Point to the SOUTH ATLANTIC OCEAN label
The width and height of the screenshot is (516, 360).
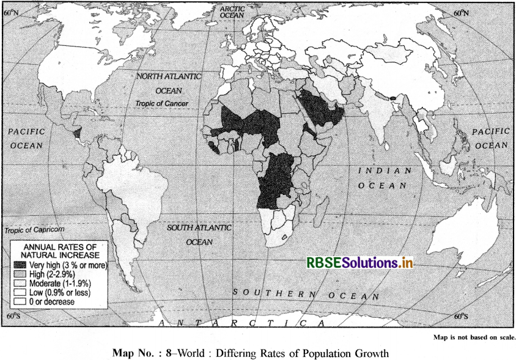point(199,234)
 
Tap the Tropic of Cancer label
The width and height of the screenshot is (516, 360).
point(161,103)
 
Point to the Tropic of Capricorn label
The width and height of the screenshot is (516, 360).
point(34,230)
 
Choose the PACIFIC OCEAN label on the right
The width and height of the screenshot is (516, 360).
point(490,138)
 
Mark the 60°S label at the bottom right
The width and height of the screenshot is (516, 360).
point(462,317)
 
